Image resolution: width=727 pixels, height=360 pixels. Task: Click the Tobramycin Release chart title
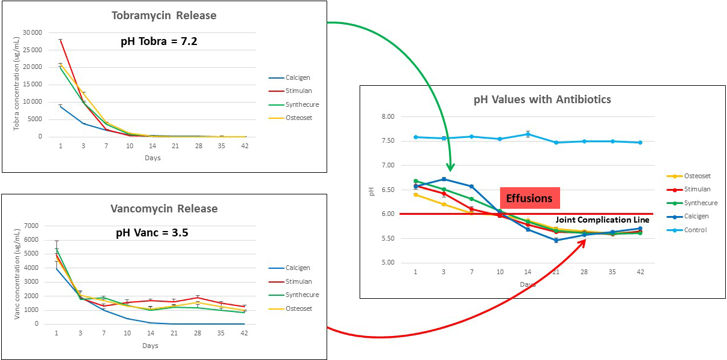(164, 16)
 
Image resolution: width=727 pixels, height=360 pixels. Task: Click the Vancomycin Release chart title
(164, 209)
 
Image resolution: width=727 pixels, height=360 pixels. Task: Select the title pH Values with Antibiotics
(542, 99)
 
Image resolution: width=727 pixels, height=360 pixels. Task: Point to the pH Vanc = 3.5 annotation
(152, 233)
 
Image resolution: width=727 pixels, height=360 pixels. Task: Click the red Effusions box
(529, 198)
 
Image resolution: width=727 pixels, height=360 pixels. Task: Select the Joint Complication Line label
(602, 220)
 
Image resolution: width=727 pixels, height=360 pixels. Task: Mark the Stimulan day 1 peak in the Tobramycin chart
(61, 40)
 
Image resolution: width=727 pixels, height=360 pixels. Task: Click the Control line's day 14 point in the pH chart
(528, 134)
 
